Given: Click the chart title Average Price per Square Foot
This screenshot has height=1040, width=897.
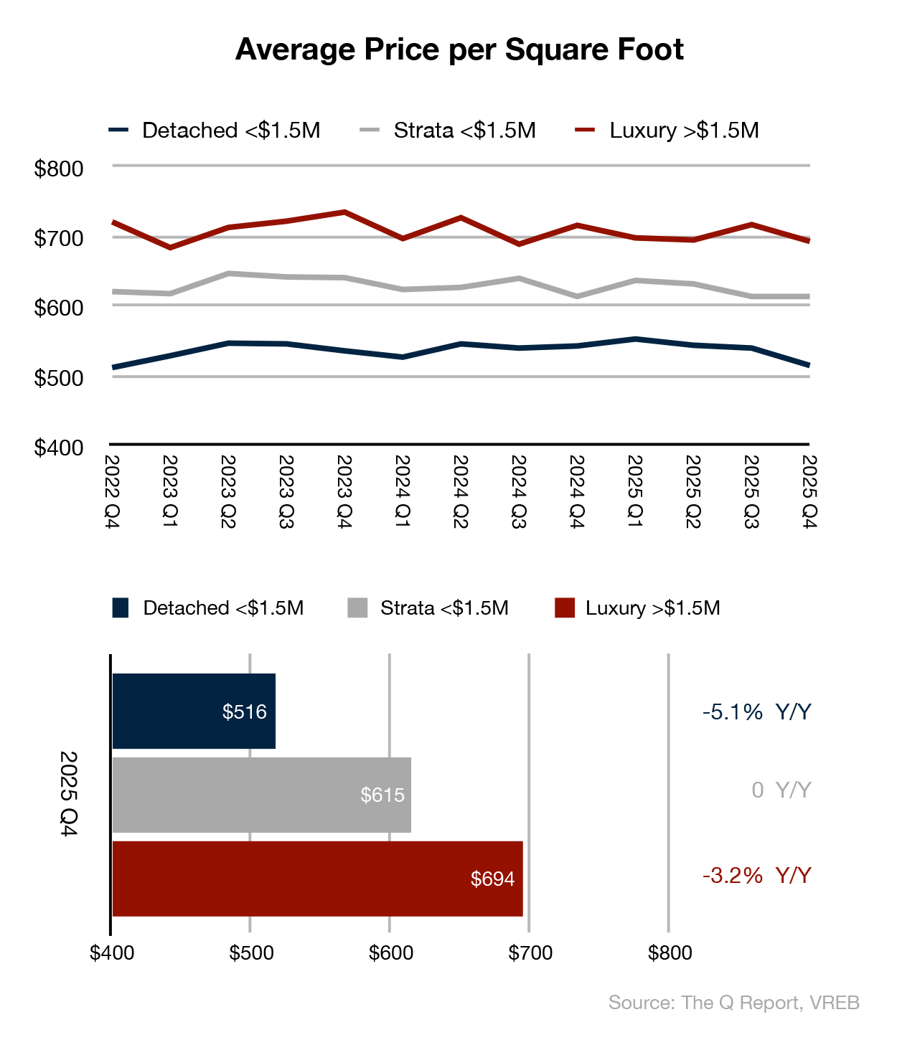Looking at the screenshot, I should coord(459,49).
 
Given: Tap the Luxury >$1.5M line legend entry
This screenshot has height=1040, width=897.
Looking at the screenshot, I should coord(668,131).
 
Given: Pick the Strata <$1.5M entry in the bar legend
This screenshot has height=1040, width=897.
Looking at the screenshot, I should coord(428,608).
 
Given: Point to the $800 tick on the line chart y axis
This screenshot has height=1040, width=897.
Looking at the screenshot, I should coord(59,169).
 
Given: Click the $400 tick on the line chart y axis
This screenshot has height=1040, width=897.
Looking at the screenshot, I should coord(59,448).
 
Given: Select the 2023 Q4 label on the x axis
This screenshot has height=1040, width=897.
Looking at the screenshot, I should coord(344,492).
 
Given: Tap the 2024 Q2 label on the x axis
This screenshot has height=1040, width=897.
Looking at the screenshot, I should coord(460,492).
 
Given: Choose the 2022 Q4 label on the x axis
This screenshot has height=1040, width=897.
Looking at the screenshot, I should coord(111,492).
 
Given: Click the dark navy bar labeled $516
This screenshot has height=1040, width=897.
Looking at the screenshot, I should coord(194,712).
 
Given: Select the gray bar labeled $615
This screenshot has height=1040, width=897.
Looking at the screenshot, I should coord(262,795).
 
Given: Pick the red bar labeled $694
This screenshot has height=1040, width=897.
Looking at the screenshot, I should coord(317,879).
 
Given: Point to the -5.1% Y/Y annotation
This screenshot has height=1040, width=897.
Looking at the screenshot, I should coord(756,712).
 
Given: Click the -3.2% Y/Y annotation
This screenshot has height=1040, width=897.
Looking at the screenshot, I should coord(756,876).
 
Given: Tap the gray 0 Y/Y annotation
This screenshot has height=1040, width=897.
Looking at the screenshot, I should coord(781,790).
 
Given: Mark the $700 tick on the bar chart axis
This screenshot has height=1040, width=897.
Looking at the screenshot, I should coord(530,953).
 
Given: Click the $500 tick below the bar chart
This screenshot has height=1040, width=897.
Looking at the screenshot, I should coord(251,953).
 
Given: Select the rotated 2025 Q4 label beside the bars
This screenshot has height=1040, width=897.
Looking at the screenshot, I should coord(68,794).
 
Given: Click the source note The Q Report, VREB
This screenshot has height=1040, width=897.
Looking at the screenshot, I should coord(733,1003).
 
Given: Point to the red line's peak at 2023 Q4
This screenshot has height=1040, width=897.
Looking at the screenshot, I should coord(344,212).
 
